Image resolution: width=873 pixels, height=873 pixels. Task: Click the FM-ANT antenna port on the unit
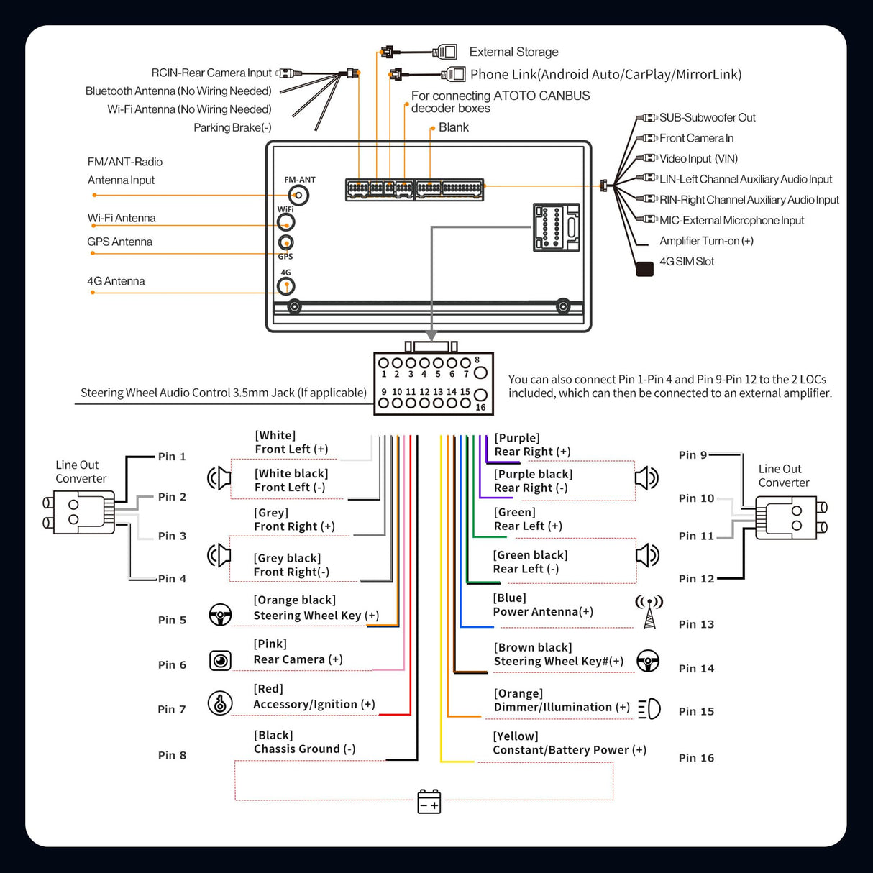(x=298, y=195)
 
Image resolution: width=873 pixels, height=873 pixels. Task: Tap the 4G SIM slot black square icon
(x=644, y=269)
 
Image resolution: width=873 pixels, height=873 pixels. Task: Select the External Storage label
(x=513, y=52)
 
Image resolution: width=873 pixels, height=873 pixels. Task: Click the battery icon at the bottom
(x=429, y=801)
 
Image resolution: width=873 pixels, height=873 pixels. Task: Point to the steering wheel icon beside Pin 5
(x=220, y=615)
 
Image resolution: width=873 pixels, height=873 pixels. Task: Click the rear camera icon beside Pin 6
(x=220, y=660)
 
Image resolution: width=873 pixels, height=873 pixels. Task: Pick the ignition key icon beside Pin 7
(x=220, y=703)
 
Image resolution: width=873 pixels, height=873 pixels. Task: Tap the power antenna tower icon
(x=649, y=612)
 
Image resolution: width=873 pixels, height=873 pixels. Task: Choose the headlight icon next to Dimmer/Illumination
(x=649, y=708)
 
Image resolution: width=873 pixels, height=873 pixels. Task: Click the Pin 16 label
(x=696, y=758)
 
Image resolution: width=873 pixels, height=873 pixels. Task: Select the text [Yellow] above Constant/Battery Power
(x=515, y=736)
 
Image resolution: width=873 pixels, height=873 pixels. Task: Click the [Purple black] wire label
(x=533, y=474)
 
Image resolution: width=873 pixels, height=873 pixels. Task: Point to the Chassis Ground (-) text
(x=304, y=749)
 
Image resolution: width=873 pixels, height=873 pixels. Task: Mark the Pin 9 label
(x=693, y=455)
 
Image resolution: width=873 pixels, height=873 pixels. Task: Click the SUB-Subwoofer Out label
(x=707, y=117)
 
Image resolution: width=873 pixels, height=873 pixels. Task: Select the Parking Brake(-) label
(x=232, y=127)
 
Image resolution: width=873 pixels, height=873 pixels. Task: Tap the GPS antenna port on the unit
(x=285, y=243)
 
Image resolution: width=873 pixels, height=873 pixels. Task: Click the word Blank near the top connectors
(x=453, y=127)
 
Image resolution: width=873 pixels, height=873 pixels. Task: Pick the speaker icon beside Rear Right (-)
(x=646, y=477)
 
